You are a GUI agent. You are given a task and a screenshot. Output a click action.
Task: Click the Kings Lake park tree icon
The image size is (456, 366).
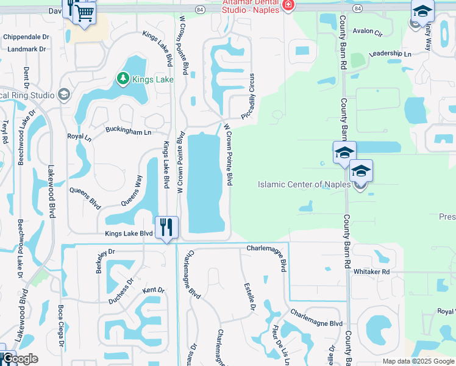[123, 79]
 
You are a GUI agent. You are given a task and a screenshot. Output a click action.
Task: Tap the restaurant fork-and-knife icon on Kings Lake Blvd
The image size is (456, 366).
[166, 227]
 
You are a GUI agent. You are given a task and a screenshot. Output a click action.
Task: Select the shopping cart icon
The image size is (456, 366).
[85, 12]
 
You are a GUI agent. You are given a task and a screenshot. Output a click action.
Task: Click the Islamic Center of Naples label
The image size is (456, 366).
[304, 184]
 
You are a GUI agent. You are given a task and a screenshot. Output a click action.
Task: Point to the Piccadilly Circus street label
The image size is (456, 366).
[251, 94]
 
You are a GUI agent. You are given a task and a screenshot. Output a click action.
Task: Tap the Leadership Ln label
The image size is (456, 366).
[391, 54]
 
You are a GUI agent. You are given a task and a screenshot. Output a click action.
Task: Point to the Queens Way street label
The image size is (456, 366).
[131, 190]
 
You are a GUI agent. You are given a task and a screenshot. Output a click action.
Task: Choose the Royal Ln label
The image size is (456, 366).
[79, 137]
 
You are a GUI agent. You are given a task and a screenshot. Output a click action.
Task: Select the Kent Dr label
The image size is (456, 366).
[153, 290]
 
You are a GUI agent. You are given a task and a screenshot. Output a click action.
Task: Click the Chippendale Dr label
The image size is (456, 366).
[26, 37]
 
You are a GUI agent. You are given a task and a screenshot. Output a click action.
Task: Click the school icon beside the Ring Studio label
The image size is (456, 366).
[63, 95]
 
